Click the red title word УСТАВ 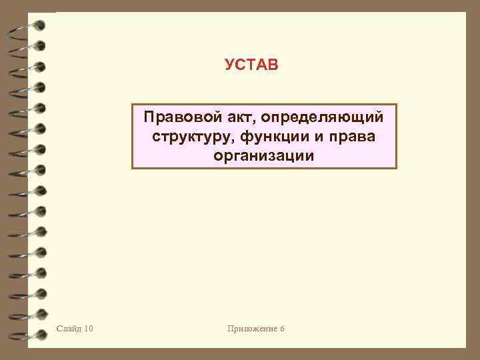[x=251, y=65]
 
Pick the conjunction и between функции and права [x=317, y=137]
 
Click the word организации [x=263, y=156]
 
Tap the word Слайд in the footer [x=70, y=328]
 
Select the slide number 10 [x=89, y=328]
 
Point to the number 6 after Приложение [x=282, y=328]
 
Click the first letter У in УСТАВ [x=230, y=65]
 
